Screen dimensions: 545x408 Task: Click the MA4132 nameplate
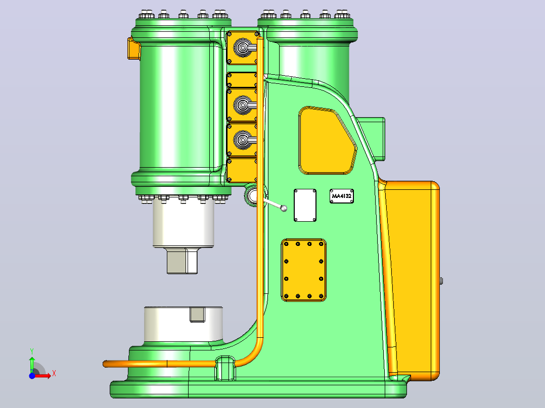[342, 196]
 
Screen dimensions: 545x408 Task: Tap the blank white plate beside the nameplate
[305, 205]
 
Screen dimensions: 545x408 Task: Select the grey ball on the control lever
[284, 209]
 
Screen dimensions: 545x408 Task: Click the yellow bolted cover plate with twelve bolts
[303, 270]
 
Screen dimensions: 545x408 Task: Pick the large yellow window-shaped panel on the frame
[326, 141]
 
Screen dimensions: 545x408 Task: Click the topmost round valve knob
[242, 47]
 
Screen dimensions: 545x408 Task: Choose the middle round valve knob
[242, 105]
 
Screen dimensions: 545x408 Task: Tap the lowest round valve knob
[242, 140]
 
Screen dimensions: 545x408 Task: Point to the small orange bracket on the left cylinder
[133, 48]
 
